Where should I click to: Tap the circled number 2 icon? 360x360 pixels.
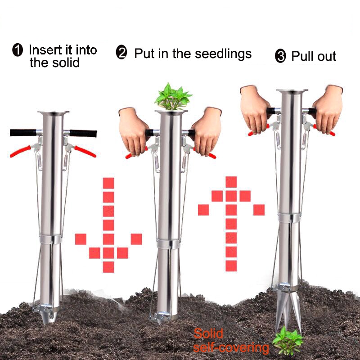click(x=121, y=54)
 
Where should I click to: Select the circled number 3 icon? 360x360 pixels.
click(x=280, y=57)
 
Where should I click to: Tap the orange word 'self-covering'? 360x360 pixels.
click(x=231, y=347)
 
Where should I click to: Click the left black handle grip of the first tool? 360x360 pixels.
click(x=23, y=132)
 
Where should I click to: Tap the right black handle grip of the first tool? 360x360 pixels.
click(x=83, y=133)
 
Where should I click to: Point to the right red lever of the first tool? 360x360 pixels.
click(x=84, y=151)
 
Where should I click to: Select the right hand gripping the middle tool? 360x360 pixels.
click(x=207, y=130)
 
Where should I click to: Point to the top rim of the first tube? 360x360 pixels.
click(x=53, y=112)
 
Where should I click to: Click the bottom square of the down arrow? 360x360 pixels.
click(x=108, y=267)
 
